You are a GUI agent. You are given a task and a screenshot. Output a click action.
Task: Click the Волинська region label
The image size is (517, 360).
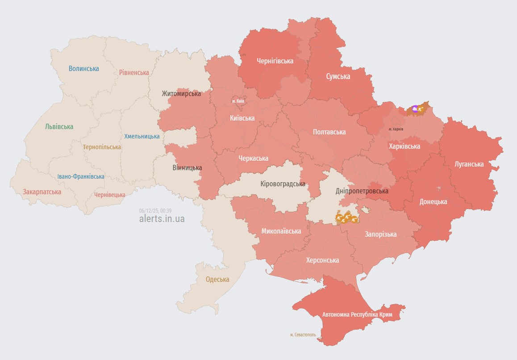pos(83,69)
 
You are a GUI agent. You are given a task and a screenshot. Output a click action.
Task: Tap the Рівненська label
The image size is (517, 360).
pos(134,72)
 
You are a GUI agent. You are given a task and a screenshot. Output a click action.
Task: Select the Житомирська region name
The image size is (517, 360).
pos(181,94)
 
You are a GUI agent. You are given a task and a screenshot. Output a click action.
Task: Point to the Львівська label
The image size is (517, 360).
pos(59,127)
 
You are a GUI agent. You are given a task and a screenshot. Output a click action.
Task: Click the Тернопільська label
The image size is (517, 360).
pos(102,147)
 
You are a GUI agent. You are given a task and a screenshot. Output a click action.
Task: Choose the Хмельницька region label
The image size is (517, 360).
pos(142,136)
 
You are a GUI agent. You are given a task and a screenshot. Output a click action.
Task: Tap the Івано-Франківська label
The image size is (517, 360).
pos(81,176)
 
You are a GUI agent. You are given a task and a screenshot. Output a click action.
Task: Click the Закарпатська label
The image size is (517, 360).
pos(42,192)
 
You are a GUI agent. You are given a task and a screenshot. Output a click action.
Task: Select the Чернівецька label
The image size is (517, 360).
pos(110,195)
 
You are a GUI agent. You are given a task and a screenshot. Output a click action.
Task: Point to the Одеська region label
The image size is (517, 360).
pos(217,280)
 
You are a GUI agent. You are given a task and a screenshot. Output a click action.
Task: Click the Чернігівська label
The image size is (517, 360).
pos(275,61)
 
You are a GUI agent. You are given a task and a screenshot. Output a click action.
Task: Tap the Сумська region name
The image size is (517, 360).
pos(338,76)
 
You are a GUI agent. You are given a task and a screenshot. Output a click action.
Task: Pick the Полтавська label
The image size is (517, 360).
pos(329,132)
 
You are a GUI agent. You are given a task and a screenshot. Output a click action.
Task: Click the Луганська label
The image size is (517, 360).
pos(469,164)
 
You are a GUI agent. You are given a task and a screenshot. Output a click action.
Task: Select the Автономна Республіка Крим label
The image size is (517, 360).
pos(357,314)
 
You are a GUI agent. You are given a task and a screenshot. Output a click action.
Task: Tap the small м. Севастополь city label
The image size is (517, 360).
pos(303,335)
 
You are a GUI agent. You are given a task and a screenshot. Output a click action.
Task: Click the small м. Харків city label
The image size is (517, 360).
pos(396,129)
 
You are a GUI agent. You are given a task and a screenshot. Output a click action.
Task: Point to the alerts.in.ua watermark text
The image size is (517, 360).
pos(162,219)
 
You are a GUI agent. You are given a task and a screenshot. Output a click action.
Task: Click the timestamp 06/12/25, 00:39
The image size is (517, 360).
pos(155,210)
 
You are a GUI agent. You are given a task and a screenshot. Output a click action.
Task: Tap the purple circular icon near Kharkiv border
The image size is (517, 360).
pos(415,109)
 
